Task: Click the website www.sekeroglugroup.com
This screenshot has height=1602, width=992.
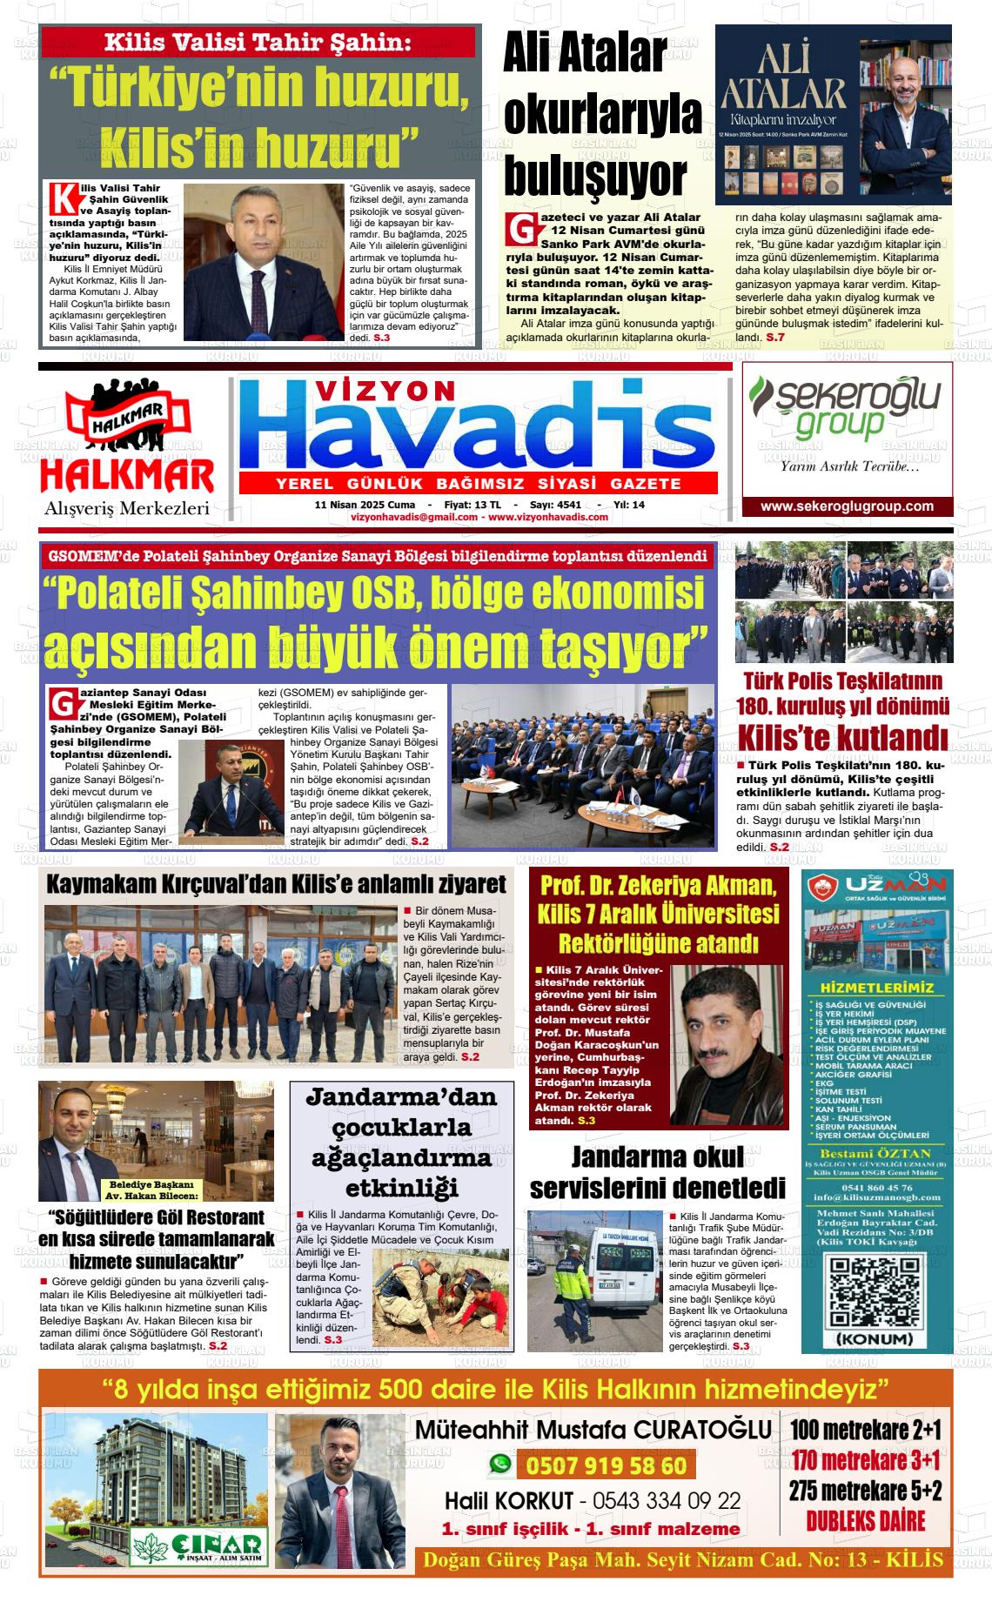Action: click(x=846, y=506)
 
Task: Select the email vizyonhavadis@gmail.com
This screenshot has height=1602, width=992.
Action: click(x=414, y=517)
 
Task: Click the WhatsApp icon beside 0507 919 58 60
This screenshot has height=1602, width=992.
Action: click(x=499, y=1465)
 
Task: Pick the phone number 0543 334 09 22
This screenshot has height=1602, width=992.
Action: click(x=666, y=1501)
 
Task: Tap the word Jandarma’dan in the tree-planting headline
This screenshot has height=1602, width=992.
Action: click(x=401, y=1097)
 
